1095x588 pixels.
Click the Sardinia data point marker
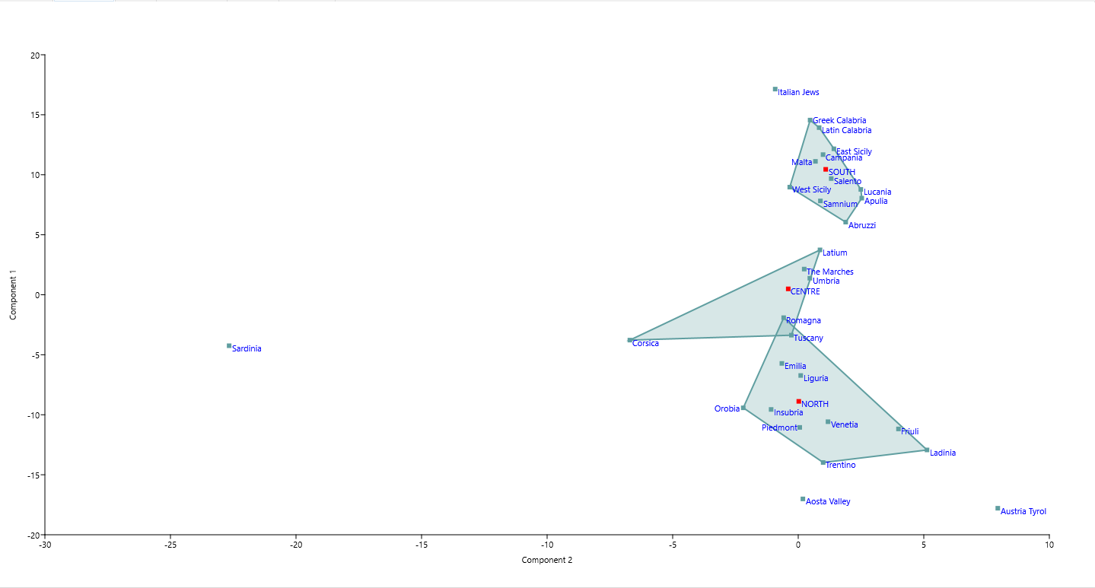[x=229, y=346]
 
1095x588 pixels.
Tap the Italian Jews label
[x=798, y=93]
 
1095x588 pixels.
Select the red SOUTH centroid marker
[x=825, y=170]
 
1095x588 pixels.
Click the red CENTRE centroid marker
[x=788, y=289]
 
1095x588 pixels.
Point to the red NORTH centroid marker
[x=798, y=402]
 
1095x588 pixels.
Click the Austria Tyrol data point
[x=998, y=508]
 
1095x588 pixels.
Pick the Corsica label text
[x=645, y=344]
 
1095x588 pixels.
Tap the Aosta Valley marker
[x=803, y=499]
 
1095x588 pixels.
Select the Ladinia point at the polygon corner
[x=927, y=450]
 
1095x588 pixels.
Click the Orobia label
[x=727, y=409]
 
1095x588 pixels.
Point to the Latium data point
[x=820, y=250]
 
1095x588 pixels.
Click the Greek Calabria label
[x=839, y=121]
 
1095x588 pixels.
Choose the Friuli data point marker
[x=899, y=429]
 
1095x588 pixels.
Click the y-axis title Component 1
[x=13, y=294]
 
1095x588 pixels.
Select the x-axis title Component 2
[x=546, y=561]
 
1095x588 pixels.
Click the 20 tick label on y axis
[x=35, y=56]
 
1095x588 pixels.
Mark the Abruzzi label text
[x=862, y=226]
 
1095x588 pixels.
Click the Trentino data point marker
[x=823, y=462]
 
